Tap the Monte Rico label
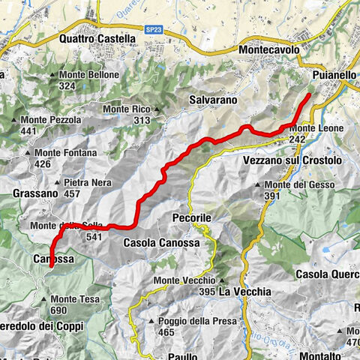(131, 109)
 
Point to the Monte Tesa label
(74, 299)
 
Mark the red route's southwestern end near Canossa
(50, 265)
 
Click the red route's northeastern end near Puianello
(310, 95)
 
